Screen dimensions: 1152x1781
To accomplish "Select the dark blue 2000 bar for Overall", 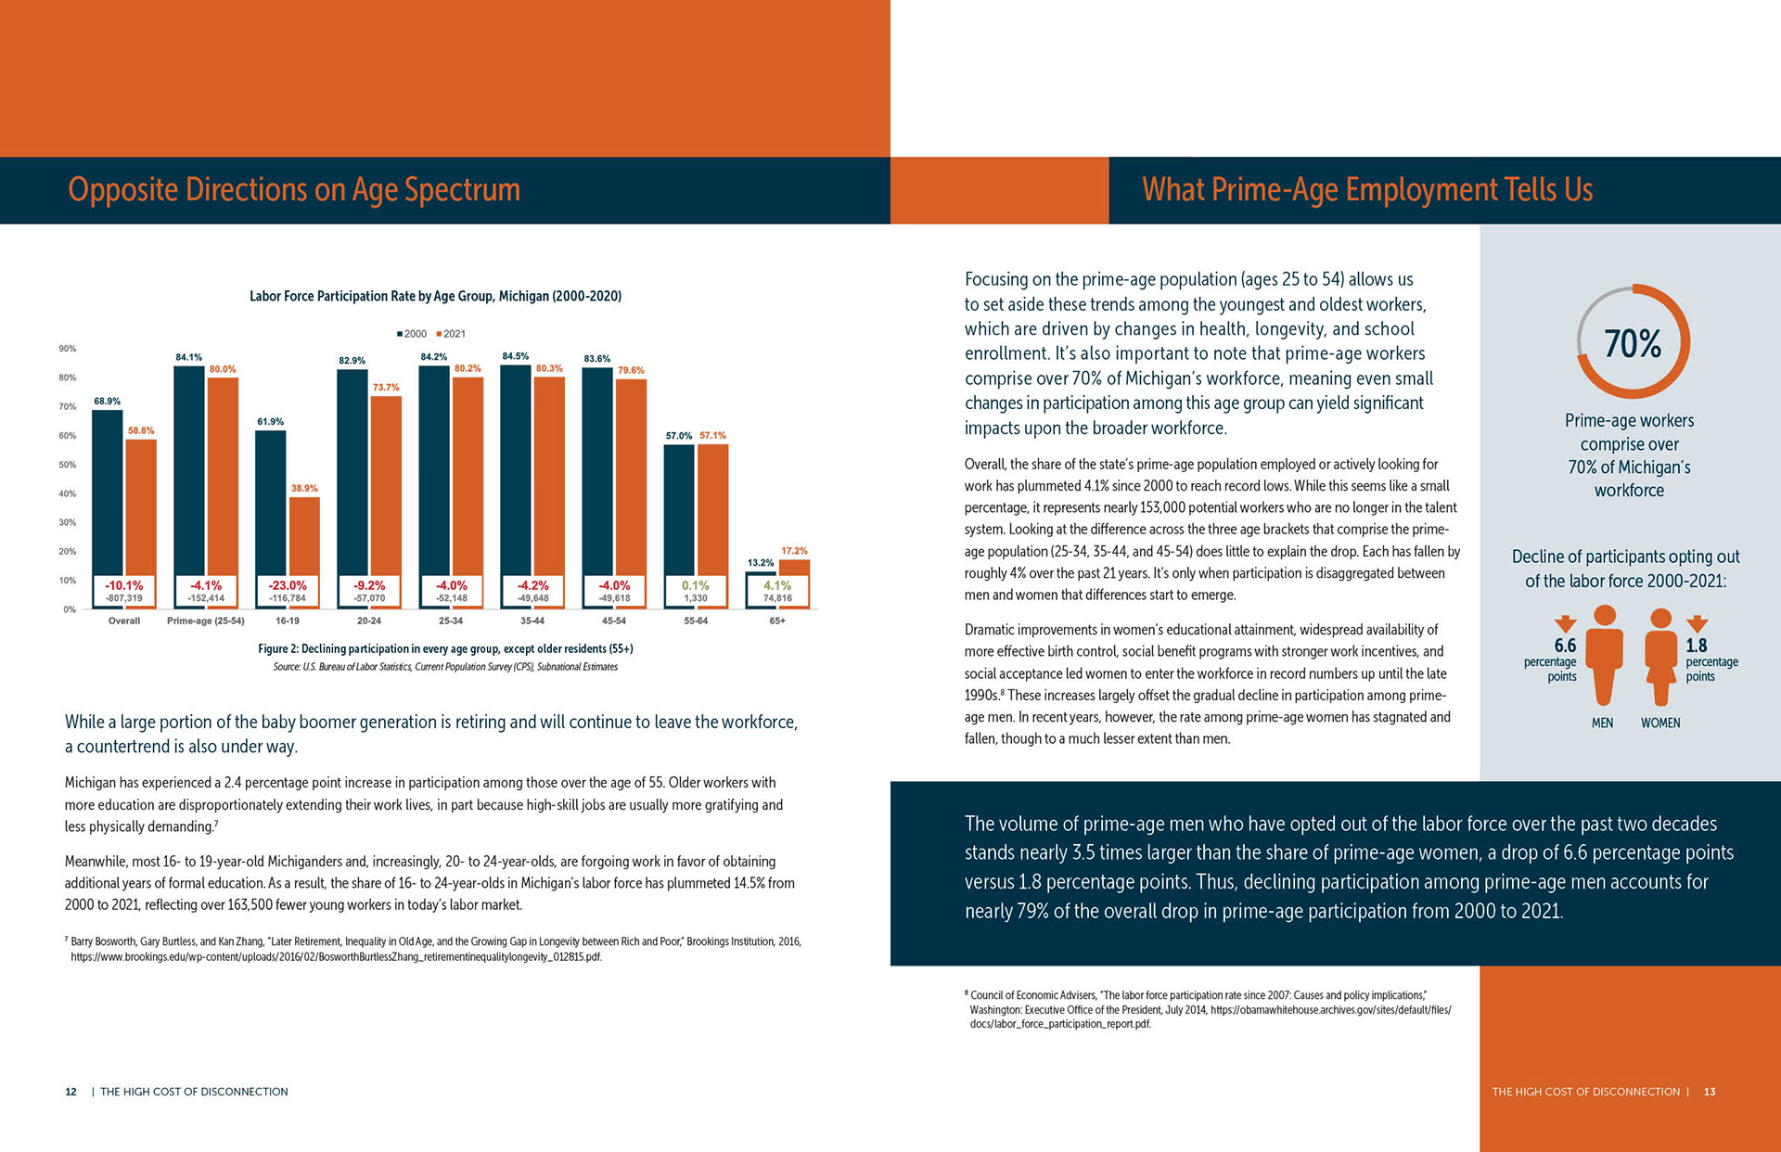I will [x=108, y=492].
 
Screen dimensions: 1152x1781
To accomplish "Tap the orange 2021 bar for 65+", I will [x=794, y=567].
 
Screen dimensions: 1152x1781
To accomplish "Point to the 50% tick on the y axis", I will [x=68, y=465].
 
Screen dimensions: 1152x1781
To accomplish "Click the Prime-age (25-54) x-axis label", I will [x=206, y=621].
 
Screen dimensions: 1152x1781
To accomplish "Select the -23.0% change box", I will [x=288, y=591].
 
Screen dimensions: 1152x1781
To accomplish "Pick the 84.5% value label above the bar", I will [x=515, y=356].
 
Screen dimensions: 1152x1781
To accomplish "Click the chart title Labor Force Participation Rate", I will [x=435, y=296].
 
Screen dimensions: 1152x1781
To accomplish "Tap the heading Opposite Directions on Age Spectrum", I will [x=294, y=189].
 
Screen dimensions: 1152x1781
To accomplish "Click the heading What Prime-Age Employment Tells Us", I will [x=1366, y=189].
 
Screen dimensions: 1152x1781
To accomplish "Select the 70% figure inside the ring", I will [x=1633, y=344].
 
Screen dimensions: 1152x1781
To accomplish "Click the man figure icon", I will [x=1604, y=654].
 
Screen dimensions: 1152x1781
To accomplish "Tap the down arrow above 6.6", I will [x=1565, y=623].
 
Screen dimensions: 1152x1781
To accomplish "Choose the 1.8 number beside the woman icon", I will [x=1696, y=646].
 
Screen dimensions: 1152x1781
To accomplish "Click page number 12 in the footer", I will [x=70, y=1092].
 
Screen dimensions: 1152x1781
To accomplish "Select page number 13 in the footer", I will [x=1710, y=1092].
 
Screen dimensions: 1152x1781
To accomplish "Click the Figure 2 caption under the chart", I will [x=445, y=648].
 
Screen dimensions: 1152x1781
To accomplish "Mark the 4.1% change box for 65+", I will [x=777, y=591].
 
